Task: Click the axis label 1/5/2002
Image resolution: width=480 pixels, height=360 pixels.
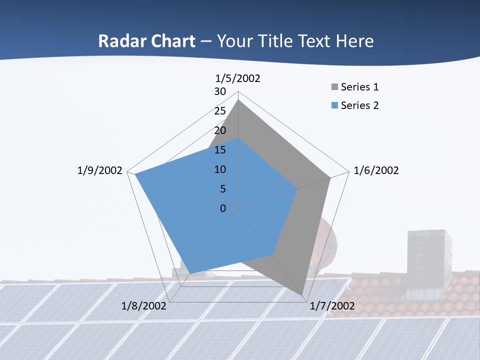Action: pos(237,78)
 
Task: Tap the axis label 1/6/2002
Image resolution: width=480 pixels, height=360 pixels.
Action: pos(376,171)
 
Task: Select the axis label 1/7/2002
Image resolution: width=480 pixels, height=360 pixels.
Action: pos(332,306)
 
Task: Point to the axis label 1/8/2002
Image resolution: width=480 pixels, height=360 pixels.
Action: pos(144,306)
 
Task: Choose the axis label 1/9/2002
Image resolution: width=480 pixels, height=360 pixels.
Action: pos(99,171)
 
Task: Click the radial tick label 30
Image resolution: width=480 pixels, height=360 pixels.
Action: pos(220,91)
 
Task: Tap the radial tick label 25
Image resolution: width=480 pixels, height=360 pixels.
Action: pos(220,111)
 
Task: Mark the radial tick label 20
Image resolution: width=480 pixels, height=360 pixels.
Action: pos(220,130)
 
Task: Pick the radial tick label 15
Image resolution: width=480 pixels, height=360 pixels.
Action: pos(220,150)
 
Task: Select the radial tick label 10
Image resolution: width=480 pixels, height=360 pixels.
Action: pos(220,169)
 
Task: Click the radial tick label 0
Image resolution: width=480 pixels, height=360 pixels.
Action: pos(223,208)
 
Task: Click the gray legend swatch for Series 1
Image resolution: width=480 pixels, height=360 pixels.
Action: pos(334,87)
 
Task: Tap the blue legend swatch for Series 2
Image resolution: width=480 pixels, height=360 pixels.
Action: pos(334,105)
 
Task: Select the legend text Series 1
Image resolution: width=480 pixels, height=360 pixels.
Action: pos(359,87)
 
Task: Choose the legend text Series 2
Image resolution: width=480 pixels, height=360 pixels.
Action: pos(359,105)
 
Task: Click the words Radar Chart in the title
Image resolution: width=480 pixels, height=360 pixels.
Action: pos(146,41)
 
